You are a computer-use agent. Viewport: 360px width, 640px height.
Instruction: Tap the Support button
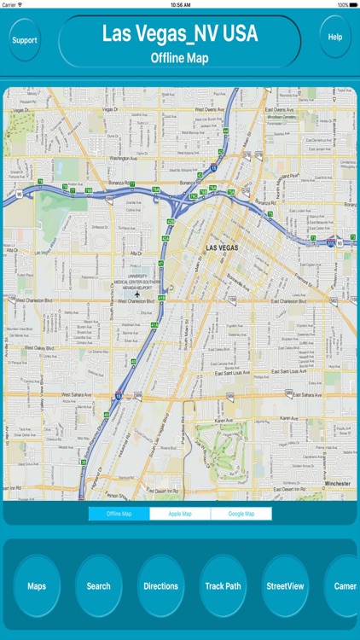coord(25,40)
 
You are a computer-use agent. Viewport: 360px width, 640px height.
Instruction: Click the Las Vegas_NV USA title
coord(180,33)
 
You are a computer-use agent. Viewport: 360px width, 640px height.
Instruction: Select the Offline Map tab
coord(119,514)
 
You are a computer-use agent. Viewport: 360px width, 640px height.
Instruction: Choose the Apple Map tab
coord(180,514)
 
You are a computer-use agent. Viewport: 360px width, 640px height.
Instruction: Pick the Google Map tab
coord(241,514)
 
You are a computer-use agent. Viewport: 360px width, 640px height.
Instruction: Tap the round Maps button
coord(37,586)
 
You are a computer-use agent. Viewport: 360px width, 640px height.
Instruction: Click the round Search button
coord(98,586)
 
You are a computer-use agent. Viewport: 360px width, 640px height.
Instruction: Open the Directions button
coord(160,586)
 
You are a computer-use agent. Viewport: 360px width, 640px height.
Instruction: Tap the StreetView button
coord(285,586)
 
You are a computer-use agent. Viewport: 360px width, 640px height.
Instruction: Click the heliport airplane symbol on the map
coord(137,294)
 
